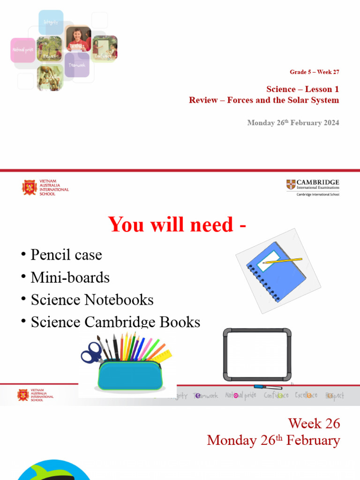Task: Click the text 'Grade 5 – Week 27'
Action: [314, 72]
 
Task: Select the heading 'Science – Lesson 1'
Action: [302, 89]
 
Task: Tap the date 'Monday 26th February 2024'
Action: [293, 123]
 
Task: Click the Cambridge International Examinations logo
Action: [313, 187]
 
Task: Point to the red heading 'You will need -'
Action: [178, 225]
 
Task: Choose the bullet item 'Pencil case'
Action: [66, 255]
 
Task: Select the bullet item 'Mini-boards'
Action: [70, 277]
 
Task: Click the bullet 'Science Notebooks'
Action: [92, 300]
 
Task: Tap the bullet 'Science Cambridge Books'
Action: [115, 322]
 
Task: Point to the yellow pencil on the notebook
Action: [282, 260]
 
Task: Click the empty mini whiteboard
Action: [257, 355]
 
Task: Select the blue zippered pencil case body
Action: [130, 375]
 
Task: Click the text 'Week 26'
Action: [314, 423]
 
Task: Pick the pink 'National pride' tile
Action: [22, 50]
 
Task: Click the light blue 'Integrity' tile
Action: [51, 22]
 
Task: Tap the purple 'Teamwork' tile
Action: [77, 65]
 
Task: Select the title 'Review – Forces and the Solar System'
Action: [264, 100]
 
